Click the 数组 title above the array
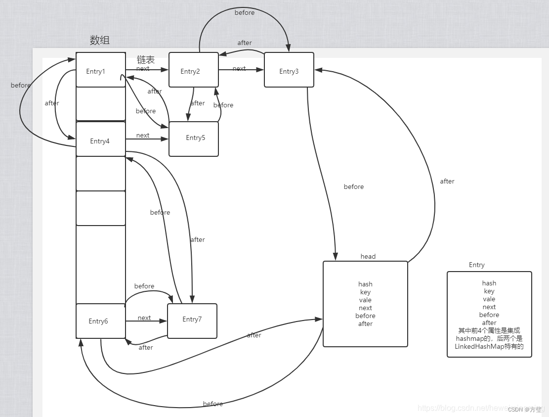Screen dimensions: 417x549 click(x=100, y=40)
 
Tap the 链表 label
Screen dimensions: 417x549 click(x=146, y=60)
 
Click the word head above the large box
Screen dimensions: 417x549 click(x=368, y=256)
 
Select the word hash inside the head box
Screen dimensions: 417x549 click(x=366, y=284)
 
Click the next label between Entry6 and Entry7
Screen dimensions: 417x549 click(x=144, y=318)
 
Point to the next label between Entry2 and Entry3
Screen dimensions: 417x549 click(x=239, y=69)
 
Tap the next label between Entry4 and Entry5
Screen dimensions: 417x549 click(x=143, y=136)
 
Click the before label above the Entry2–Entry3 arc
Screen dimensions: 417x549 click(x=245, y=13)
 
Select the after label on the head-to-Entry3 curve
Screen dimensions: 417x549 click(x=447, y=182)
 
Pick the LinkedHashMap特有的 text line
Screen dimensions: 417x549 click(x=489, y=347)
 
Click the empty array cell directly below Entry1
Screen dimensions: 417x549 click(x=100, y=104)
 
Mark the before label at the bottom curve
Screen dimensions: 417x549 click(x=213, y=404)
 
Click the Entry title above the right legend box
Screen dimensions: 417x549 click(x=477, y=265)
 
